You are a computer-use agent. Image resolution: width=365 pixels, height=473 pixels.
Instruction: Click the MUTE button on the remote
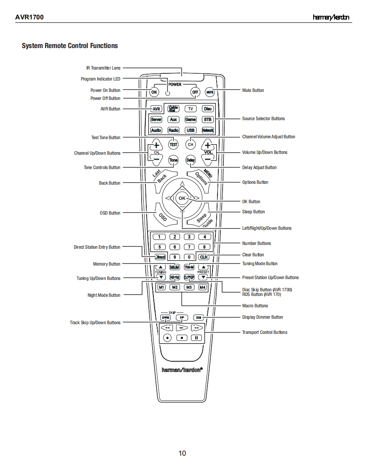pyautogui.click(x=210, y=92)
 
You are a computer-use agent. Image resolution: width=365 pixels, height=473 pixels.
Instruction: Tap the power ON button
pyautogui.click(x=154, y=92)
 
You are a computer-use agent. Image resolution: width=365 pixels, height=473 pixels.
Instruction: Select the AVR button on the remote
pyautogui.click(x=156, y=109)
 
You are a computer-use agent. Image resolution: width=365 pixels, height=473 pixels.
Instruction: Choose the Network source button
pyautogui.click(x=207, y=130)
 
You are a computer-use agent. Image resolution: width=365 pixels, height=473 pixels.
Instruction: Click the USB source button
pyautogui.click(x=191, y=130)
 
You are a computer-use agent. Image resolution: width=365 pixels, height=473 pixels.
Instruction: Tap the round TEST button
pyautogui.click(x=174, y=144)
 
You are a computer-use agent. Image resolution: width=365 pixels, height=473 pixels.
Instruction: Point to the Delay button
pyautogui.click(x=191, y=160)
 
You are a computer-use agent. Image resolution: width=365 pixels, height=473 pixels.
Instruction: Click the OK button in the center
pyautogui.click(x=182, y=198)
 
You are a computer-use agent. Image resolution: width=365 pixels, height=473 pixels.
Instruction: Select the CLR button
pyautogui.click(x=204, y=257)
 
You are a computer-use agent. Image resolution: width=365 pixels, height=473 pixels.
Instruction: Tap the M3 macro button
pyautogui.click(x=189, y=287)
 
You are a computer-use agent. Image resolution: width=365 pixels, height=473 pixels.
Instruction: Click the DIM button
pyautogui.click(x=199, y=317)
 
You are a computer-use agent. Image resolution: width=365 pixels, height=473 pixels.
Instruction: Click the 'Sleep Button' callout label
pyautogui.click(x=253, y=212)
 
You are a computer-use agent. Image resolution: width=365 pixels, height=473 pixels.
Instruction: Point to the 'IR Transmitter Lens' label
pyautogui.click(x=103, y=68)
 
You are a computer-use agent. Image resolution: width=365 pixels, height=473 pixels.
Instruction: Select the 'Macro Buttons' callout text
pyautogui.click(x=255, y=306)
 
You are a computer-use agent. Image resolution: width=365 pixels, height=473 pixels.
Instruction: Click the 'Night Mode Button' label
pyautogui.click(x=104, y=296)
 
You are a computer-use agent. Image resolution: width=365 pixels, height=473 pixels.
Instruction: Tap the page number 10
pyautogui.click(x=182, y=453)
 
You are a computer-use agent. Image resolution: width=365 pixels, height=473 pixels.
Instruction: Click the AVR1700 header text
pyautogui.click(x=29, y=17)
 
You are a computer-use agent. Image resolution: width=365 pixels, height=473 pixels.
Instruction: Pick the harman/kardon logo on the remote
pyautogui.click(x=182, y=369)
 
